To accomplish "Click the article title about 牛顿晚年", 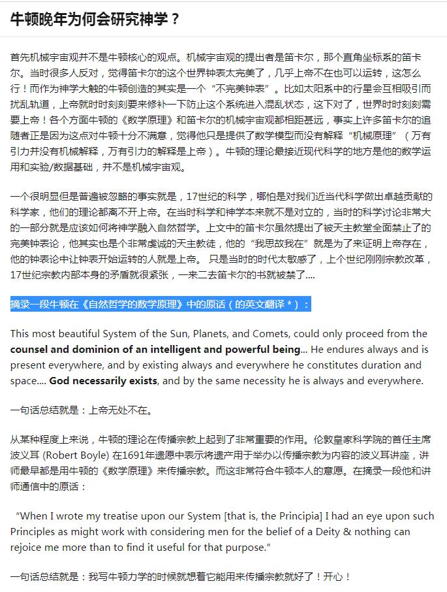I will tap(95, 19).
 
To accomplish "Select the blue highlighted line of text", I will tap(161, 304).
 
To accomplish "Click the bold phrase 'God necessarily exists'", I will tap(103, 380).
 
